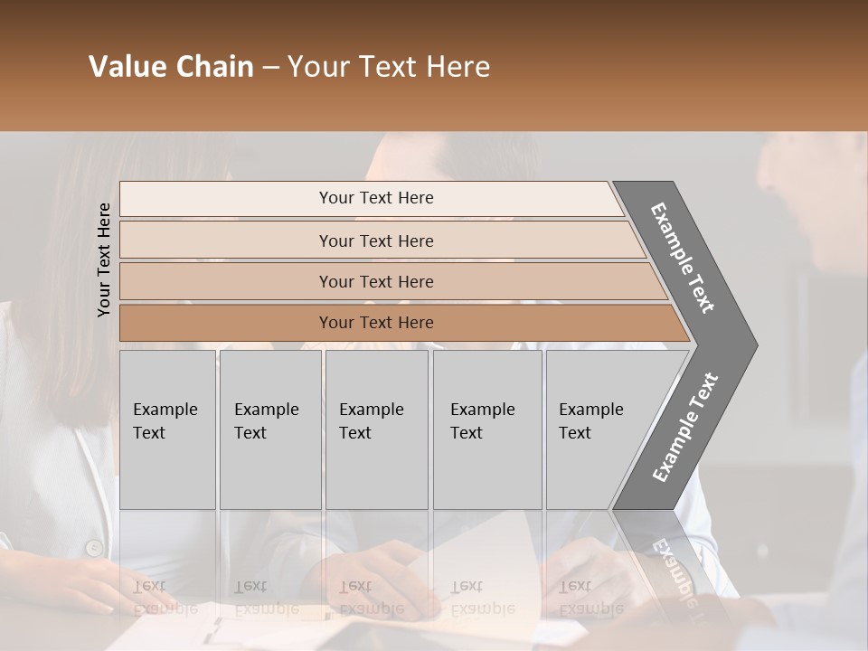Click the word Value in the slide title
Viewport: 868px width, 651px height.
point(127,67)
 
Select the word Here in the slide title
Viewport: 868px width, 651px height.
point(458,67)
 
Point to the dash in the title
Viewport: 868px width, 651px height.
point(270,68)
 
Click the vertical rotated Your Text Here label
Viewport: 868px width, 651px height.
point(104,260)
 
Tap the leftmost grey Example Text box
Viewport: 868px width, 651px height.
point(167,429)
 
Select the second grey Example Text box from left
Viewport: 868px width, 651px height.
point(269,429)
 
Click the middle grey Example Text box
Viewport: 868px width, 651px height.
point(376,429)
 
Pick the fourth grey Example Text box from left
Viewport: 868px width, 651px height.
point(486,429)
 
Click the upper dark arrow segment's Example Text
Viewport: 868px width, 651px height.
point(683,258)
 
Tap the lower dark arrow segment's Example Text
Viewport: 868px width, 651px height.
point(684,428)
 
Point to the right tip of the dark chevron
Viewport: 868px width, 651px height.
point(755,344)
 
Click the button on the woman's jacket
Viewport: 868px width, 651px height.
point(92,547)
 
